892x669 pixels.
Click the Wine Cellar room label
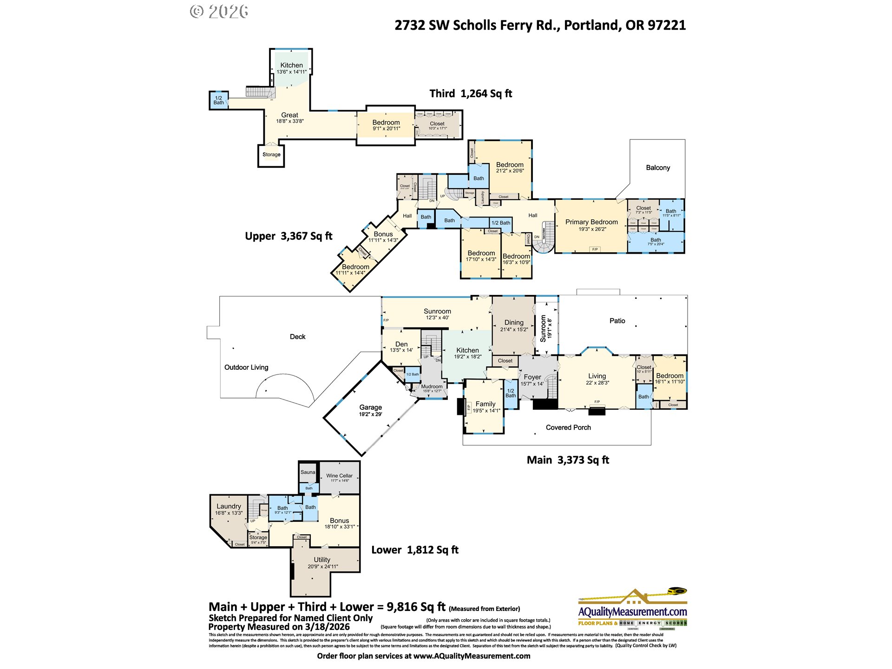tap(339, 476)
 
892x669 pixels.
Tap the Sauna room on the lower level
tap(308, 472)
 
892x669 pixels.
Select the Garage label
tap(370, 407)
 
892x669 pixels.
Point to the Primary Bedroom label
tap(591, 222)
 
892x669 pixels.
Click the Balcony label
tap(658, 168)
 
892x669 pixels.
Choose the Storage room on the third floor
tap(271, 155)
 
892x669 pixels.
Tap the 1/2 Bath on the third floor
tap(219, 100)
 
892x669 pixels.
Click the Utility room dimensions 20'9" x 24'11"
tap(322, 566)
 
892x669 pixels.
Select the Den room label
tap(401, 344)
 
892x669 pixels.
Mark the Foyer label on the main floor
tap(532, 377)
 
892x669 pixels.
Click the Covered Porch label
tap(568, 427)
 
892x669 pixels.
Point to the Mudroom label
tap(432, 387)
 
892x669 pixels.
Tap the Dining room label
tap(514, 322)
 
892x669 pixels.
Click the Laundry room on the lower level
tap(229, 506)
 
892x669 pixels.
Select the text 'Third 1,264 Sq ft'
tap(470, 94)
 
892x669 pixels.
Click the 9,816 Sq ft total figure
tap(416, 607)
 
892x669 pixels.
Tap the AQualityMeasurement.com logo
tap(632, 609)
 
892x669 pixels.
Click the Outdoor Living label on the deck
tap(246, 367)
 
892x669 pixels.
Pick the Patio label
tap(617, 321)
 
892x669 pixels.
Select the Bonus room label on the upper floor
tap(383, 234)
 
